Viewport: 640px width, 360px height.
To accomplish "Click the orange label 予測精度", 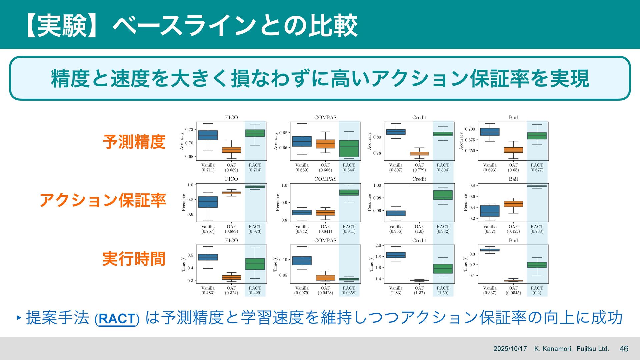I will tap(134, 142).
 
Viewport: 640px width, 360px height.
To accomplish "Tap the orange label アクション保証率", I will tap(103, 200).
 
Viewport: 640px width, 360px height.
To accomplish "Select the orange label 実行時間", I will tap(134, 259).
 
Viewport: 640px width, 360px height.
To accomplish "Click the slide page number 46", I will tap(624, 349).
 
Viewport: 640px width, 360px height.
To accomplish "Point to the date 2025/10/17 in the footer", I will tap(510, 349).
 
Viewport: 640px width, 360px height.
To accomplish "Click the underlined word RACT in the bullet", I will tap(117, 319).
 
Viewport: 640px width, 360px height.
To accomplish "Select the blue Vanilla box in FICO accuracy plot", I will tap(208, 135).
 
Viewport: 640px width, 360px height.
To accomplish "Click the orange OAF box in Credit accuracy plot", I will tap(419, 154).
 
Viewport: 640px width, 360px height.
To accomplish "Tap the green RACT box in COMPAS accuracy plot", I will tap(349, 149).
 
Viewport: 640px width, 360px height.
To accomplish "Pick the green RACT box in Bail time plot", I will tap(537, 265).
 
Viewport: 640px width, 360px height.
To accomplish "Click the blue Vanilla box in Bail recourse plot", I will tap(490, 211).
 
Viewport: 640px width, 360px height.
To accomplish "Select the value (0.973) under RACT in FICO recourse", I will tap(255, 231).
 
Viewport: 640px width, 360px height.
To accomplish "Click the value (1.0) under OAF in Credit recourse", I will tap(419, 231).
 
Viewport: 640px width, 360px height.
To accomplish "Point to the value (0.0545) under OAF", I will tap(513, 293).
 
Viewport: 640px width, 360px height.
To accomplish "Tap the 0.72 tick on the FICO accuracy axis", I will tap(189, 129).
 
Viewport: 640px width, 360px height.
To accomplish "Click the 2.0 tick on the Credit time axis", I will tap(378, 246).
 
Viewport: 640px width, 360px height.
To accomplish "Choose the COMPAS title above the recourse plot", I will tap(325, 179).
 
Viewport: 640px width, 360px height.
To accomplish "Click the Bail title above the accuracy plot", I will tap(513, 117).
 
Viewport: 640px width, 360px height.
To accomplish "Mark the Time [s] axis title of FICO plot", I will tap(183, 264).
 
